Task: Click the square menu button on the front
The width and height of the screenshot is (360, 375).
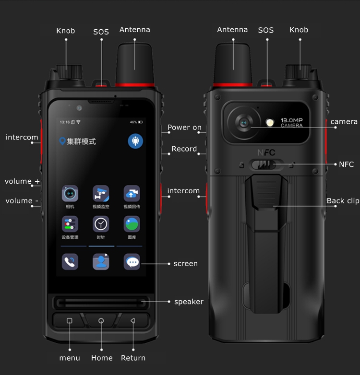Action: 70,320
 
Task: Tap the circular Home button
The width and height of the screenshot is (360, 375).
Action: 101,320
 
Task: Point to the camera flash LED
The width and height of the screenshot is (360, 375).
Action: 270,123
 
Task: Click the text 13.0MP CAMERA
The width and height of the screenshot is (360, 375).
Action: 291,122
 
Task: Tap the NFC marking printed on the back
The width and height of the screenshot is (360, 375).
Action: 266,152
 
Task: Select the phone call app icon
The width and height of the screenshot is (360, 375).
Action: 70,262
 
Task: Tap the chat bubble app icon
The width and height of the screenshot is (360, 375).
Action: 132,262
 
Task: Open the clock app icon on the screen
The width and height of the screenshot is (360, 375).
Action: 101,224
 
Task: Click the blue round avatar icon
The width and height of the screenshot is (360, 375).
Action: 135,141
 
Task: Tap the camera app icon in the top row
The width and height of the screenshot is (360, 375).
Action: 70,194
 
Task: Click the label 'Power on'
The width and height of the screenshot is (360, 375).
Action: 184,128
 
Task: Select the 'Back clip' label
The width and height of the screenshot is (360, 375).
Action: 343,201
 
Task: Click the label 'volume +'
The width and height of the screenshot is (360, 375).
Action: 22,181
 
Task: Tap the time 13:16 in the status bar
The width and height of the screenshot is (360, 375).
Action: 65,122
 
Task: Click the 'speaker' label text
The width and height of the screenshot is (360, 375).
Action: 189,302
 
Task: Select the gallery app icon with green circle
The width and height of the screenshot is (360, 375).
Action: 132,224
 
